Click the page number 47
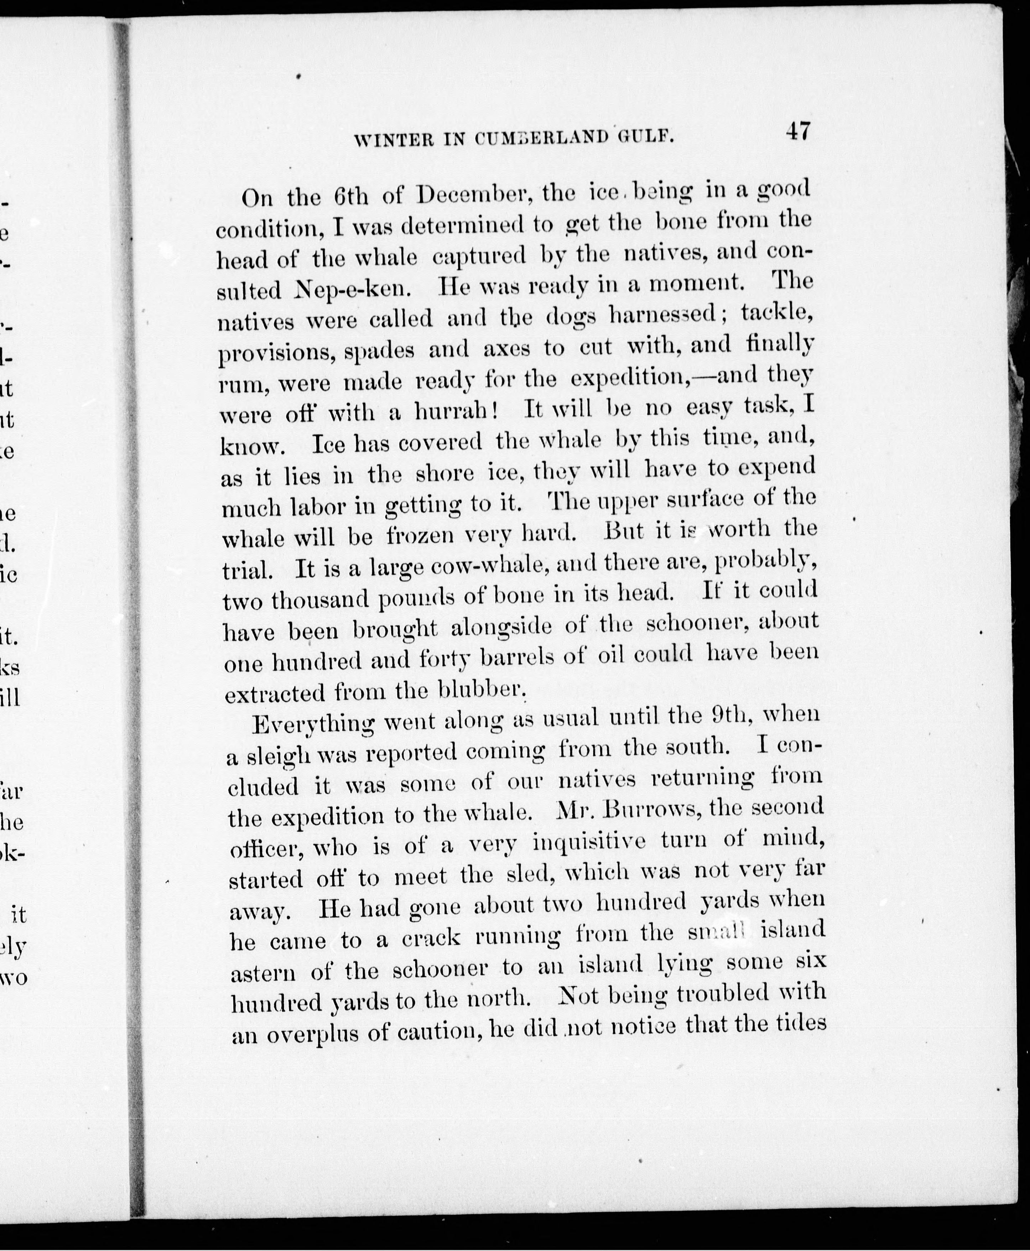(797, 131)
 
